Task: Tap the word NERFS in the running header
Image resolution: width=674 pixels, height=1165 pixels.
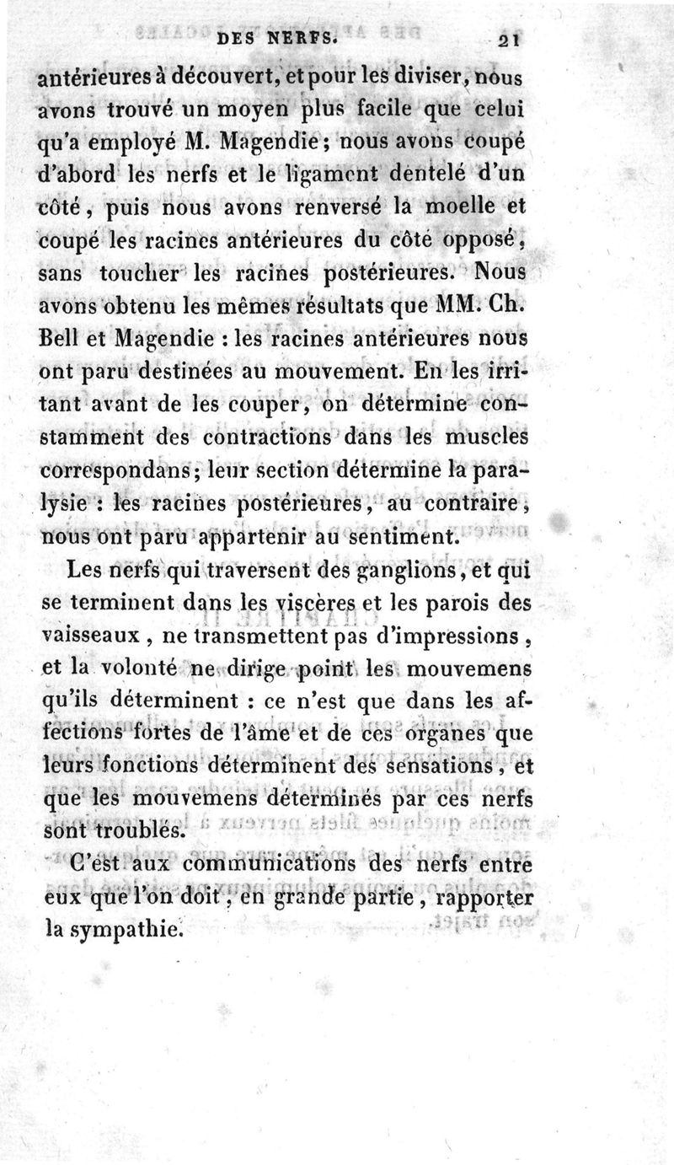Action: [304, 37]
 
